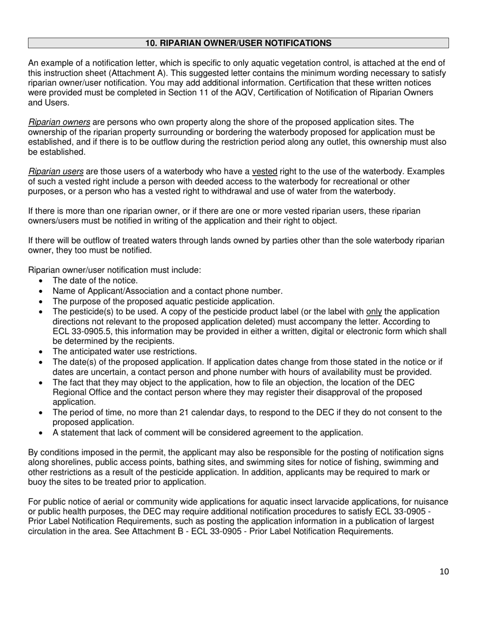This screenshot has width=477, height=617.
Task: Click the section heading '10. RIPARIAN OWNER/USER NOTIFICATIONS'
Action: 238,43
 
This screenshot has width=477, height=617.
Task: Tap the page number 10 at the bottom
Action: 444,571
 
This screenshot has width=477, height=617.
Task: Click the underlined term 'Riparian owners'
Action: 59,122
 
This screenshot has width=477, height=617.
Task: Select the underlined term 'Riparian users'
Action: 56,172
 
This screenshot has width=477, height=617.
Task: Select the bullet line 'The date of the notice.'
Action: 95,280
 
